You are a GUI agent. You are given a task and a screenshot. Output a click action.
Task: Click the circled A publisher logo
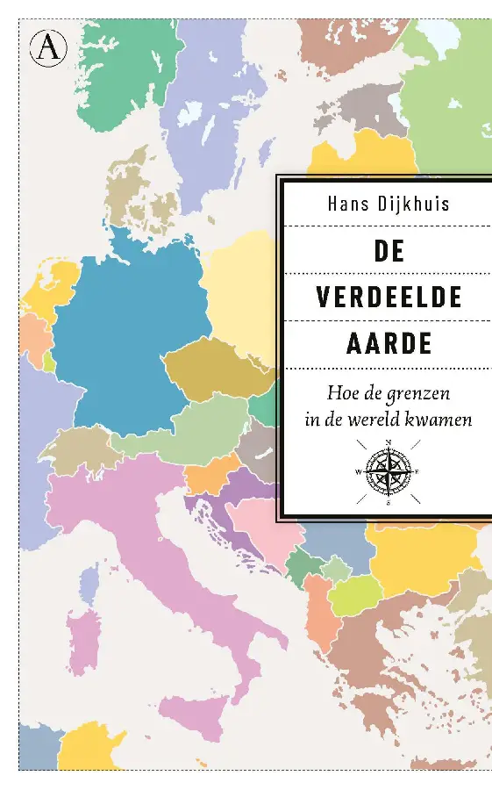pos(50,47)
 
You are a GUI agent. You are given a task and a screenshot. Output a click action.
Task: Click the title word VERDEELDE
pos(389,297)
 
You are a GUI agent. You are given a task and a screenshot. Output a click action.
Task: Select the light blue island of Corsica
pos(89,584)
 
